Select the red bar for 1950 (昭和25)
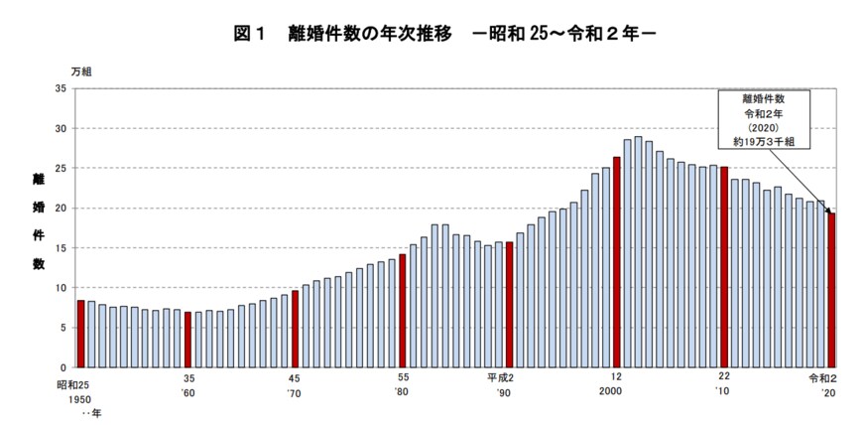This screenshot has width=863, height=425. tap(80, 334)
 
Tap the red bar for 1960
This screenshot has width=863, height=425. tap(187, 340)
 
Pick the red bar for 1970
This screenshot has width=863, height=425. tap(295, 329)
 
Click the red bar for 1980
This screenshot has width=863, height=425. tap(402, 311)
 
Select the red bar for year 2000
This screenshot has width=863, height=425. tap(616, 262)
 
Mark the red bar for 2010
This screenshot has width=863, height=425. tap(724, 267)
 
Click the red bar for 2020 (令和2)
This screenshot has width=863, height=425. tap(831, 290)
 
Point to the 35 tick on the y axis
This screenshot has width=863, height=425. tap(61, 88)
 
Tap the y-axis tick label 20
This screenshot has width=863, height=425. tap(61, 209)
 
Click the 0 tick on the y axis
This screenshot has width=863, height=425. tap(63, 367)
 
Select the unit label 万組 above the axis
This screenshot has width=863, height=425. tap(83, 72)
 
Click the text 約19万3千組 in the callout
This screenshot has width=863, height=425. tap(764, 142)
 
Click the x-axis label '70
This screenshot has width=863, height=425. tap(294, 392)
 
